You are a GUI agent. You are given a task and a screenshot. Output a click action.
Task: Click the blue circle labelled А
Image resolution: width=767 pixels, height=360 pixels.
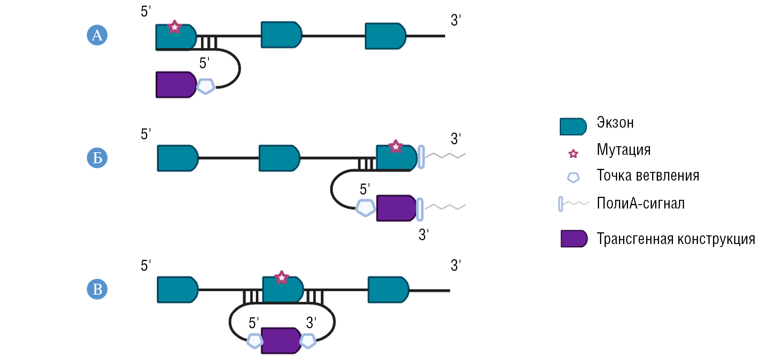click(x=97, y=35)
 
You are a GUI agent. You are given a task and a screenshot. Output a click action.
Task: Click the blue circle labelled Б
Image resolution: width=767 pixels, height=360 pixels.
click(x=97, y=158)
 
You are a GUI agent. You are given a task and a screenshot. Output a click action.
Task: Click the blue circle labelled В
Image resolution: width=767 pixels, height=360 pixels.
click(x=97, y=289)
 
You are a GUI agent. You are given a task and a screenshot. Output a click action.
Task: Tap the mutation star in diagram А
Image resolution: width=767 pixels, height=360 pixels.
click(x=174, y=27)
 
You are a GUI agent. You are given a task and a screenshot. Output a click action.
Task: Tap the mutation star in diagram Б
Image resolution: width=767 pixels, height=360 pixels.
click(x=395, y=146)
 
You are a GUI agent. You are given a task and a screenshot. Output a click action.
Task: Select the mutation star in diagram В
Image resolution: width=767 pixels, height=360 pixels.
click(x=281, y=278)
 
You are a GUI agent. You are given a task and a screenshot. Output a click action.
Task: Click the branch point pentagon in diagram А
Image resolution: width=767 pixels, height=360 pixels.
click(x=206, y=86)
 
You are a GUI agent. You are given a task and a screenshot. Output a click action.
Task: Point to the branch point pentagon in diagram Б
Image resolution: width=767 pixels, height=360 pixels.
click(x=366, y=208)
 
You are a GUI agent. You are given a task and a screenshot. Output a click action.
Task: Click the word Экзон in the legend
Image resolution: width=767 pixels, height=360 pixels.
click(x=615, y=123)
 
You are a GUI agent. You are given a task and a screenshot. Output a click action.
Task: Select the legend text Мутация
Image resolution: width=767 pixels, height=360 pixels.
click(x=623, y=150)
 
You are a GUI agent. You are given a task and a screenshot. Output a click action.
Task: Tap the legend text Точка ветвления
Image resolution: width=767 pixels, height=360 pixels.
click(x=648, y=176)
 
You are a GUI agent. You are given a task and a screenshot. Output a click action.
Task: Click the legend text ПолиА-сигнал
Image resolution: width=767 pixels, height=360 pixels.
click(x=640, y=204)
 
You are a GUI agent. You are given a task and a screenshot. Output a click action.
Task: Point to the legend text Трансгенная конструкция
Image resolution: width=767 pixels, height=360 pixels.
click(x=676, y=239)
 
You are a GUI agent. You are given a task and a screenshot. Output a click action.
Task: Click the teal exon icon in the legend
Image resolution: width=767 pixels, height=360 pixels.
click(x=573, y=127)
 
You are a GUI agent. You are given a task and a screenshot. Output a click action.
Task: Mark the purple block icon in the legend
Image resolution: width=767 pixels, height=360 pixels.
click(x=574, y=239)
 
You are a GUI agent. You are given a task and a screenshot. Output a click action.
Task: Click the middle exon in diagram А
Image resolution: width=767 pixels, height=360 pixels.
click(x=281, y=35)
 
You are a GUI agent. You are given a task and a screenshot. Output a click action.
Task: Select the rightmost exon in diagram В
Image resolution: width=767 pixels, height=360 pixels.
click(x=388, y=290)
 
